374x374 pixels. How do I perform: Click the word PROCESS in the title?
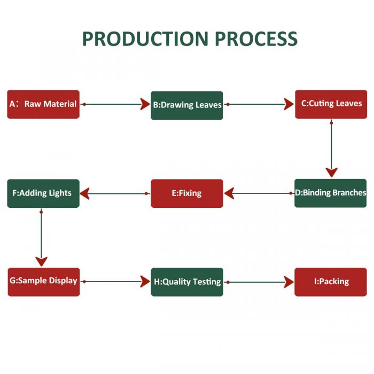[256, 39]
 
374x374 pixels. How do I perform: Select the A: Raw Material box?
[43, 104]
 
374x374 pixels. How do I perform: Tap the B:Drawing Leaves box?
[187, 105]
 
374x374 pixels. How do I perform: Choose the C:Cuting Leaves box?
[331, 104]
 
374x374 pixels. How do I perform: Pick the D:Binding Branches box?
[331, 193]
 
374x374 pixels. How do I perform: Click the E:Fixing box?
[187, 193]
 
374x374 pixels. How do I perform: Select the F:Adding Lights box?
[43, 193]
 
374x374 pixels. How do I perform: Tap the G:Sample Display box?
[43, 282]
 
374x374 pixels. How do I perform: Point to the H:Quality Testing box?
[187, 282]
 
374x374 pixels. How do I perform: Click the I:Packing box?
[331, 282]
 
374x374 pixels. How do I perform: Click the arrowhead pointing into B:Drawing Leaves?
[145, 104]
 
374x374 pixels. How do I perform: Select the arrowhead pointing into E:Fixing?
[229, 193]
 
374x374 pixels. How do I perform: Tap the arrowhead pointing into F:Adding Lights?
[85, 193]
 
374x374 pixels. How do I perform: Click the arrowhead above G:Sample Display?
[41, 261]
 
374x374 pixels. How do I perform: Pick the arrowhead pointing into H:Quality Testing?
[145, 282]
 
